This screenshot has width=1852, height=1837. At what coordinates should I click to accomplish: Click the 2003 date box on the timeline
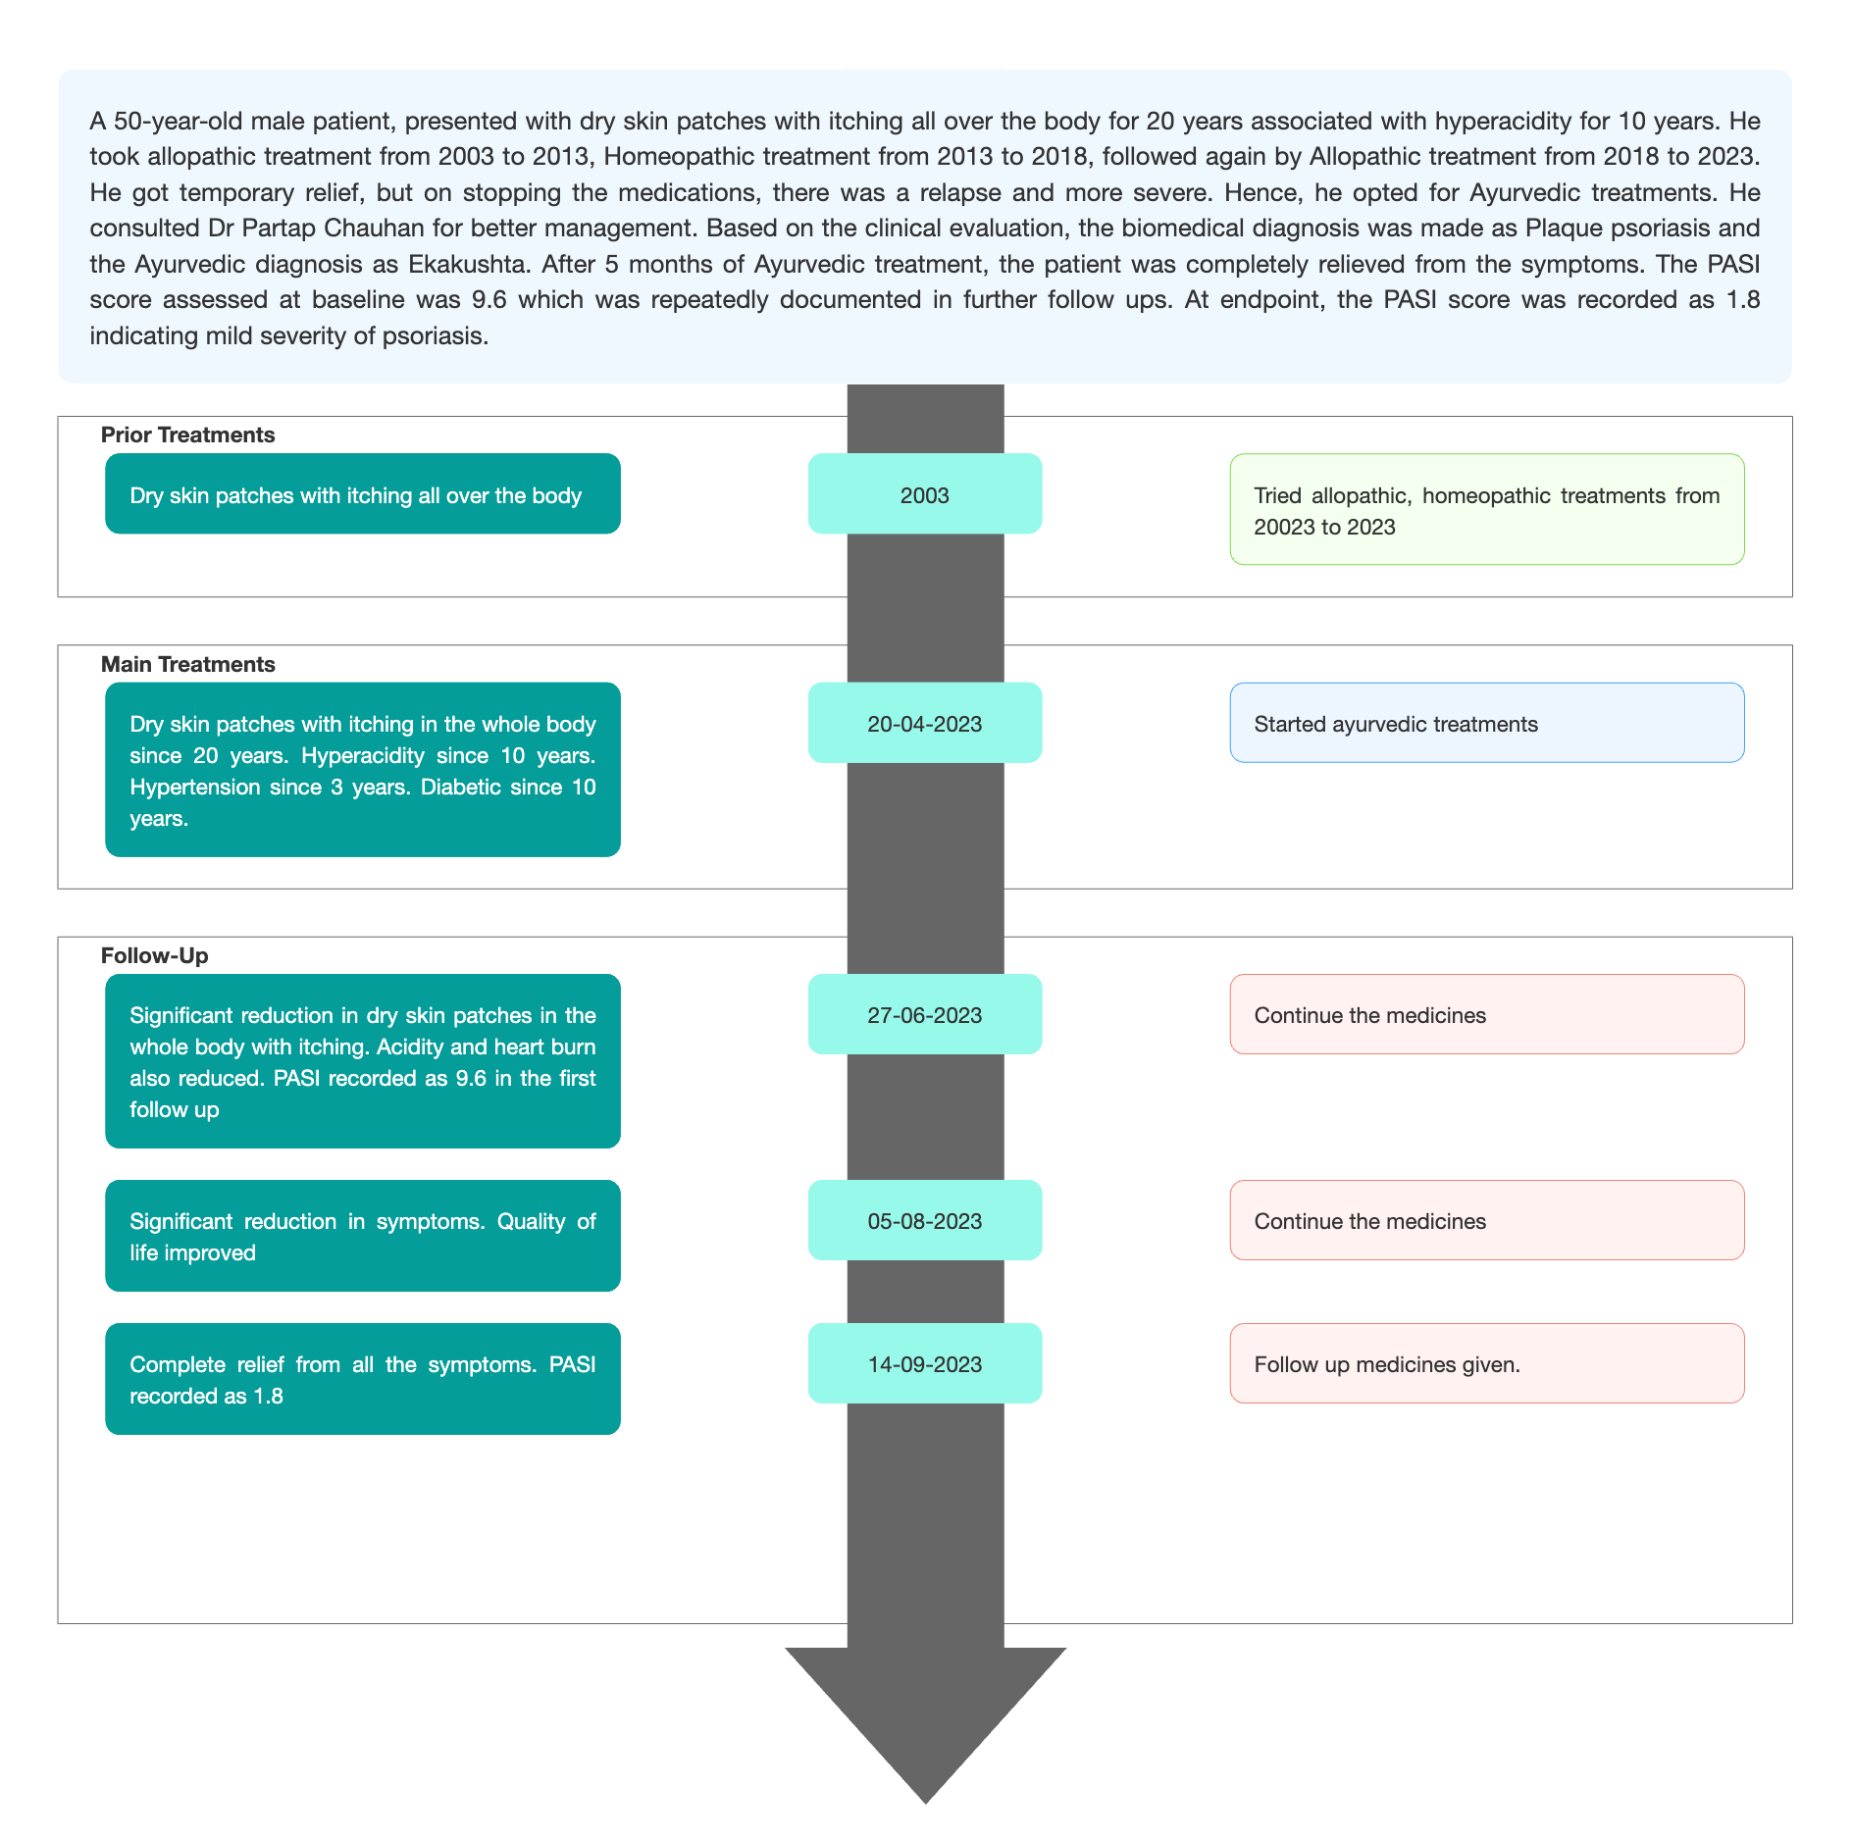(925, 493)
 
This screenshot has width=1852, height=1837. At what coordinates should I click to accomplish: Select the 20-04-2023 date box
(925, 723)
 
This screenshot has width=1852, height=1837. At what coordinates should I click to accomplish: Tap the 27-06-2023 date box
(925, 1014)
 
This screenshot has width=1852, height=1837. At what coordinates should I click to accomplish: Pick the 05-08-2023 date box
(925, 1220)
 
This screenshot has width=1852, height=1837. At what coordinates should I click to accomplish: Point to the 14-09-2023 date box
(925, 1363)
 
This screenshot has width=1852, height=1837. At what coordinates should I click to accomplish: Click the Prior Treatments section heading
(188, 435)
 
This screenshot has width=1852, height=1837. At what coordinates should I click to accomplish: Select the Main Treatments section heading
(188, 665)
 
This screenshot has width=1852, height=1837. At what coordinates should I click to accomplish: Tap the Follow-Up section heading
(155, 956)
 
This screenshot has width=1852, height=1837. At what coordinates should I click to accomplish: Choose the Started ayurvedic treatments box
(1487, 723)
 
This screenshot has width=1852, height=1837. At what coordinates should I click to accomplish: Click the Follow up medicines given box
(1487, 1363)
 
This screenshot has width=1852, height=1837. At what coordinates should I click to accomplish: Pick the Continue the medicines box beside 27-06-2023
(1487, 1014)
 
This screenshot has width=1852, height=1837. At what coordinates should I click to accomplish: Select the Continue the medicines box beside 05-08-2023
(1487, 1220)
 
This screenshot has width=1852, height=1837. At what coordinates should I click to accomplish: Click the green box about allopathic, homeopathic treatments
(1487, 509)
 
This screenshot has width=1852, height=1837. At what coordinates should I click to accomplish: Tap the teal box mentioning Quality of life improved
(363, 1236)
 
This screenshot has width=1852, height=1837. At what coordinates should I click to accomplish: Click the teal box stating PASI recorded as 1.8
(363, 1379)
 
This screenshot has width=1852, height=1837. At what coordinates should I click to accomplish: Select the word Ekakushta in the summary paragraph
(468, 264)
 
